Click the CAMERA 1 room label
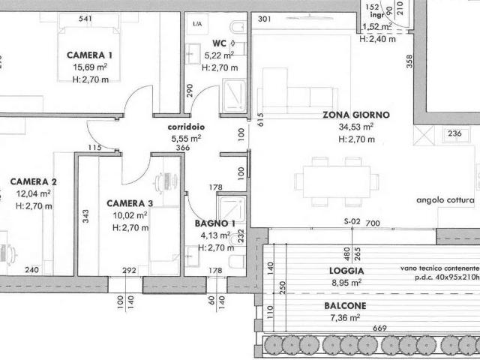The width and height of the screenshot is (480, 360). [x=89, y=55]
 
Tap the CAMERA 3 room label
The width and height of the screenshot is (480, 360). [x=130, y=203]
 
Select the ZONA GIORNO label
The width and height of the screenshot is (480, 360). [x=356, y=115]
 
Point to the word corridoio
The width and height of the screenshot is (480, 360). [x=186, y=127]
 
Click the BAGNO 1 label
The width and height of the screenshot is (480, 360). [x=215, y=223]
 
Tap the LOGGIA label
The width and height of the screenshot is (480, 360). [x=346, y=271]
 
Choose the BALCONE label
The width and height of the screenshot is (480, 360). [x=345, y=305]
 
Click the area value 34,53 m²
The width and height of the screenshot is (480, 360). [x=356, y=127]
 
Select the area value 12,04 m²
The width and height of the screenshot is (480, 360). [x=33, y=193]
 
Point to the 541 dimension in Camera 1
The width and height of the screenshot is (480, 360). [x=85, y=19]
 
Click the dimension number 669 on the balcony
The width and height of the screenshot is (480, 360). [x=379, y=328]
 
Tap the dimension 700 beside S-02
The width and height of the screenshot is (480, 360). [x=373, y=223]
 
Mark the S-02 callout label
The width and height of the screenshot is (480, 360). [x=352, y=221]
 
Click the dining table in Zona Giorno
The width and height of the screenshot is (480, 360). [x=337, y=181]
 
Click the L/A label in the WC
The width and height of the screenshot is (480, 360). [x=197, y=23]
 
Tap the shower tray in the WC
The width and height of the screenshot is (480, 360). [x=235, y=95]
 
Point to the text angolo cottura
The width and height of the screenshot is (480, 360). [x=445, y=200]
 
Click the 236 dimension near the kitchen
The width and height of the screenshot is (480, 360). [x=454, y=133]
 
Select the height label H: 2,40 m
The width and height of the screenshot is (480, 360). [x=377, y=39]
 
